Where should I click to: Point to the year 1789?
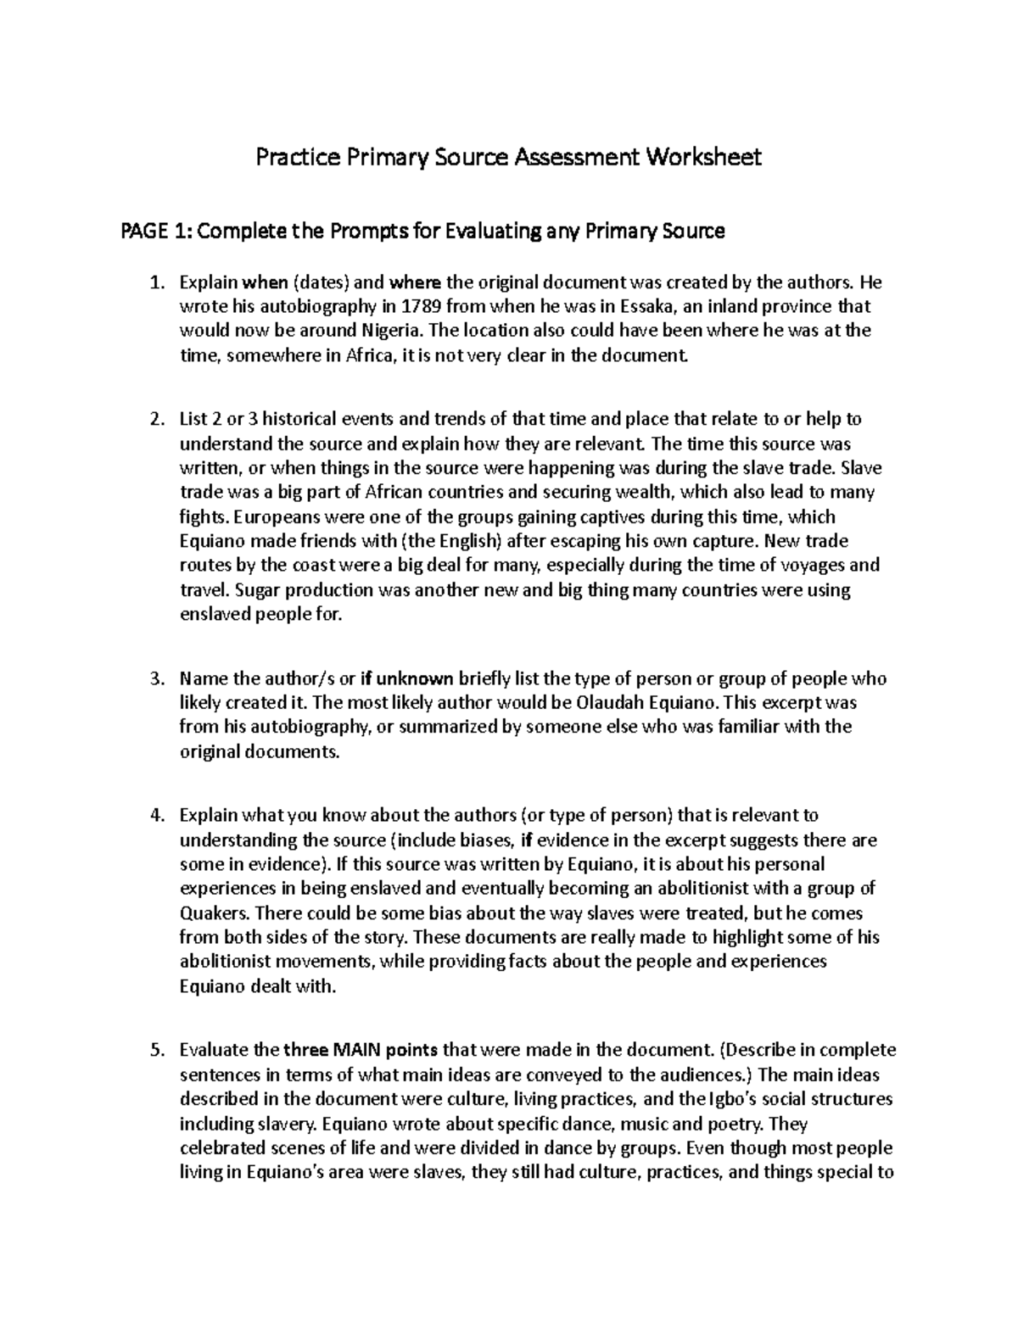tap(424, 306)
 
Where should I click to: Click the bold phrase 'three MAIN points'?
tap(360, 1050)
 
